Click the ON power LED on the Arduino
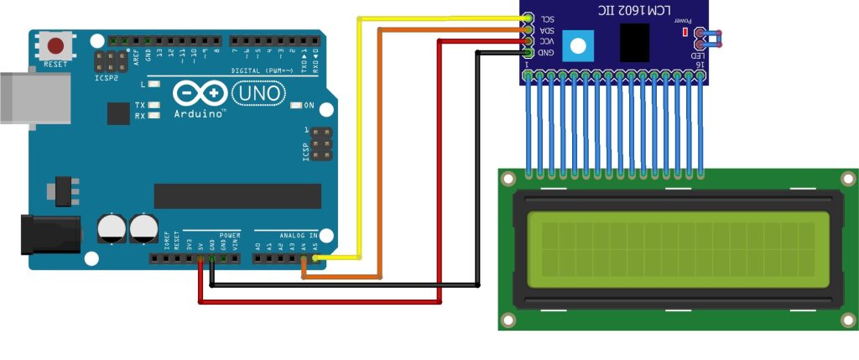pos(296,106)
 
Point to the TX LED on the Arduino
pos(153,105)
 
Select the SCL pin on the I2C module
pos(526,18)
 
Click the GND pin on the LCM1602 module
pos(526,52)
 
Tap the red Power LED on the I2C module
pos(685,33)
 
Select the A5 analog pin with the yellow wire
pos(315,258)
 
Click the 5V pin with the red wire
pos(200,258)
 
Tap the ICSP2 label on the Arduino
pos(104,76)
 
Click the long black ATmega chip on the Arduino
pos(237,196)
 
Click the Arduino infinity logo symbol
pos(200,93)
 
